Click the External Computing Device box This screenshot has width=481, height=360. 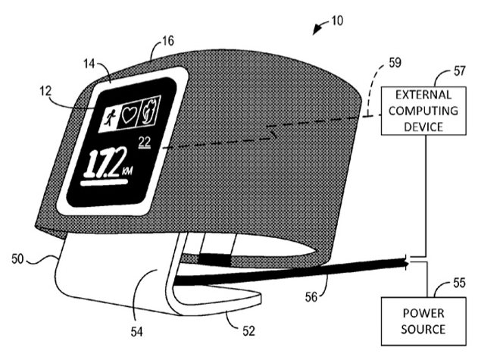coord(423,111)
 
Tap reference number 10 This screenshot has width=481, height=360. coord(336,20)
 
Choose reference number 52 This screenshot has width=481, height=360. coord(248,331)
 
